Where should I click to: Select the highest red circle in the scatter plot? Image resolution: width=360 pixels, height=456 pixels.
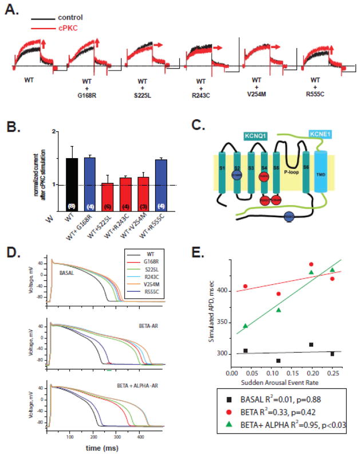311,264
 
